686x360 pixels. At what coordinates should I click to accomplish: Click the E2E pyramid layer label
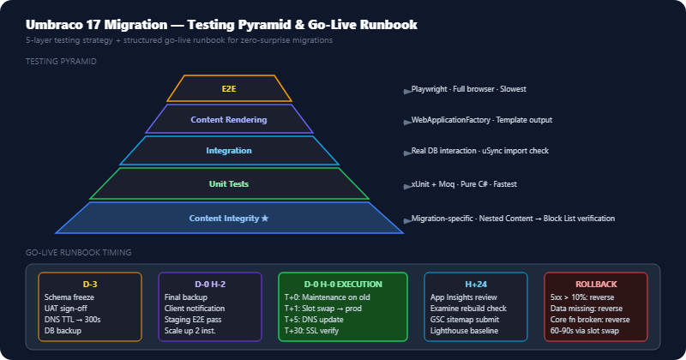click(x=229, y=89)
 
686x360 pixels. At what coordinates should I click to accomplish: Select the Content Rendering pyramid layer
click(x=229, y=119)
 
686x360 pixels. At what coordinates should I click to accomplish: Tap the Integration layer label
click(x=229, y=151)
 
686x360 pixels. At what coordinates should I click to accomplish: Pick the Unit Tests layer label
click(x=229, y=183)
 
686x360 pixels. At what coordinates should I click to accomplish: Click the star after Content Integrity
click(x=265, y=218)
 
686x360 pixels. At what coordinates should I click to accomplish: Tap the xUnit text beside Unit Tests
click(x=420, y=183)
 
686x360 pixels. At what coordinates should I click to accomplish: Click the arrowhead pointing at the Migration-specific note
click(x=407, y=220)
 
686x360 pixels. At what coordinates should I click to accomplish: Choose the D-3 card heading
click(x=90, y=284)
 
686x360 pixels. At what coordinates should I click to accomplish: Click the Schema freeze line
click(x=69, y=297)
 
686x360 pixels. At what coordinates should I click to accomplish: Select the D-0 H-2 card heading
click(x=210, y=284)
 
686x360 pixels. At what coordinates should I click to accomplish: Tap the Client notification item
click(x=195, y=308)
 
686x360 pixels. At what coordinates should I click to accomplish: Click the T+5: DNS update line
click(x=314, y=320)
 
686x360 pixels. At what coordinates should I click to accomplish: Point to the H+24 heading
click(x=476, y=284)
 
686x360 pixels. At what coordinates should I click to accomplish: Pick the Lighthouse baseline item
click(x=464, y=330)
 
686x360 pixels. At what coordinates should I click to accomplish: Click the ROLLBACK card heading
click(x=596, y=284)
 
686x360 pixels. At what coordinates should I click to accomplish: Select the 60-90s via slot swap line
click(x=585, y=330)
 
